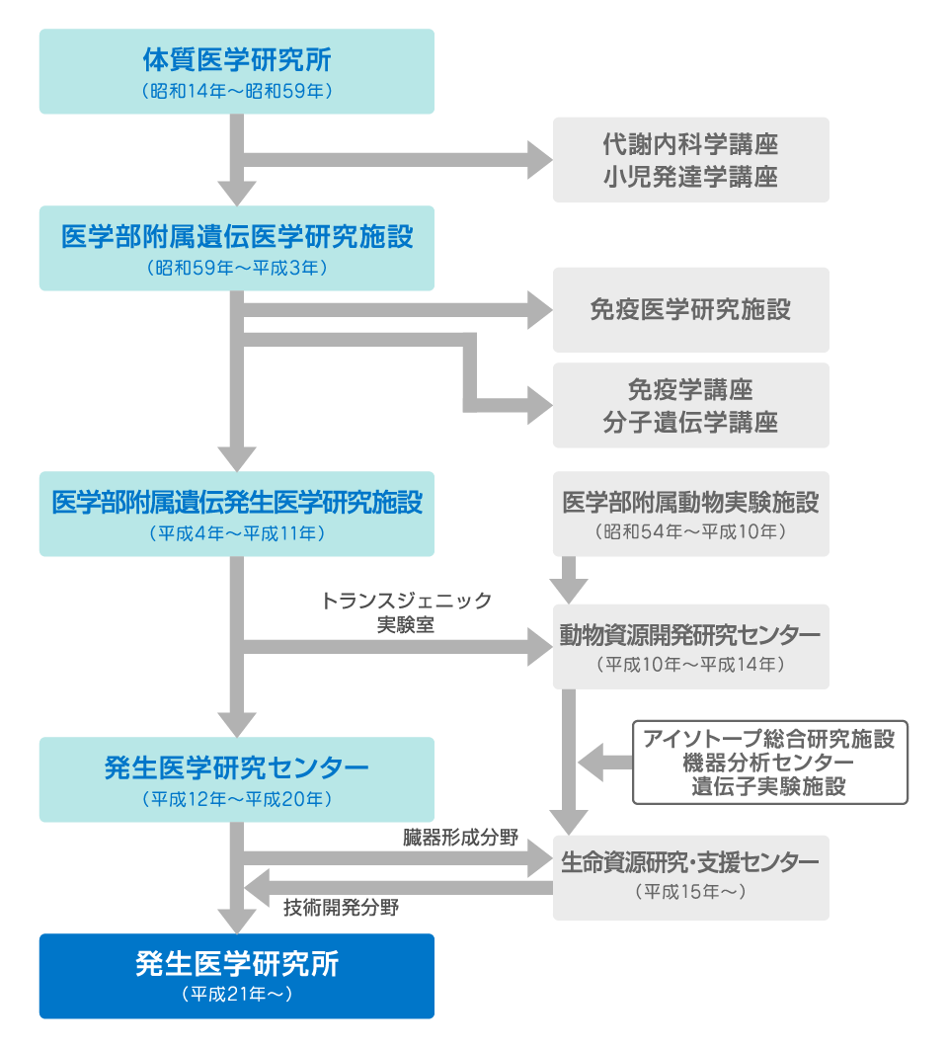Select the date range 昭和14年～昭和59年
[236, 92]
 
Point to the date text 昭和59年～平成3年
[236, 268]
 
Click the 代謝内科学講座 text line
[690, 144]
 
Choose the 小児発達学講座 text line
[690, 177]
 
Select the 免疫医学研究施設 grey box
[690, 309]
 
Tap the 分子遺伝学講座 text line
[690, 423]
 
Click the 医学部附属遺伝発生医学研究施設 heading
[236, 503]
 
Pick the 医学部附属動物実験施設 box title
[690, 503]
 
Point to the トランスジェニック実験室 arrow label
[406, 612]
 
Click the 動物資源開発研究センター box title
[690, 634]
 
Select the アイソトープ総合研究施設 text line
[769, 739]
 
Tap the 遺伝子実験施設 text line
[769, 787]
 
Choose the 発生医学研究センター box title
[236, 766]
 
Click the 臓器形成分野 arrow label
[450, 839]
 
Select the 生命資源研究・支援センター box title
[690, 862]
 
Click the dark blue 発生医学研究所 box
[236, 975]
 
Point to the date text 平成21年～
[236, 995]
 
